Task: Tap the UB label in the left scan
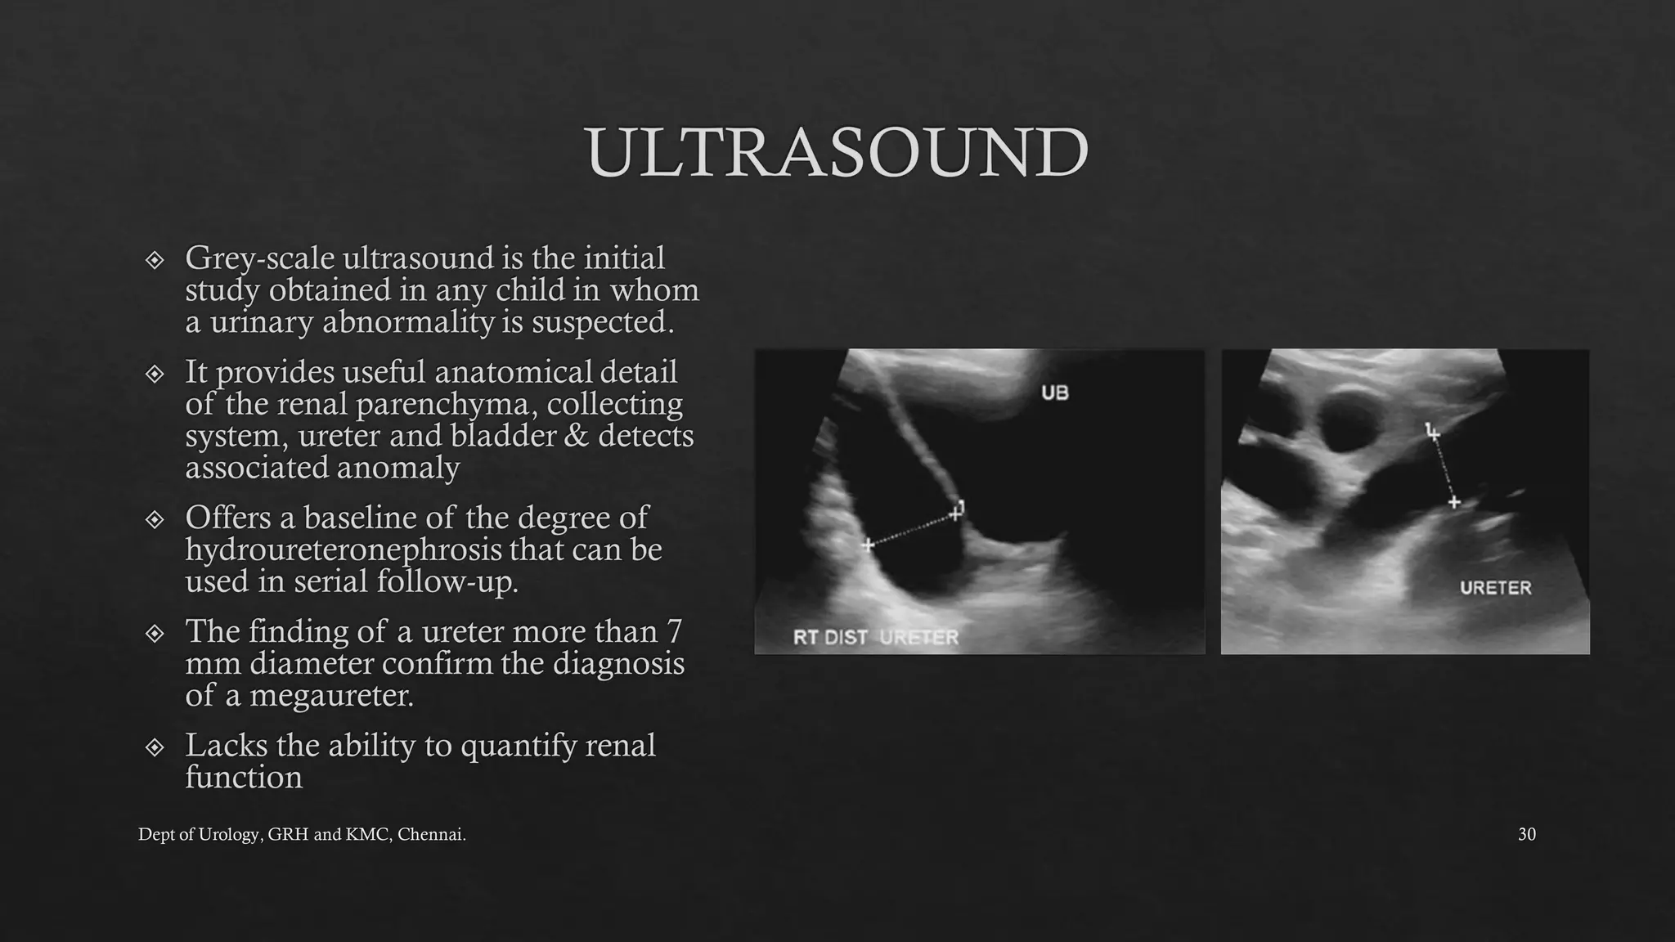tap(1054, 393)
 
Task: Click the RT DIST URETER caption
tap(875, 637)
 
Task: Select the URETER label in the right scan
tap(1495, 588)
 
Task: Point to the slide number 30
tap(1526, 835)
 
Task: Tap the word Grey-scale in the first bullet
tap(260, 258)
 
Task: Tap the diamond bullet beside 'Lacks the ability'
tap(155, 747)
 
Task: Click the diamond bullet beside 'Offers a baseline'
tap(155, 519)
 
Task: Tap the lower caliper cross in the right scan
tap(1453, 502)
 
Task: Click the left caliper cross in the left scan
tap(868, 544)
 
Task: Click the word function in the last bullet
tap(244, 778)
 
